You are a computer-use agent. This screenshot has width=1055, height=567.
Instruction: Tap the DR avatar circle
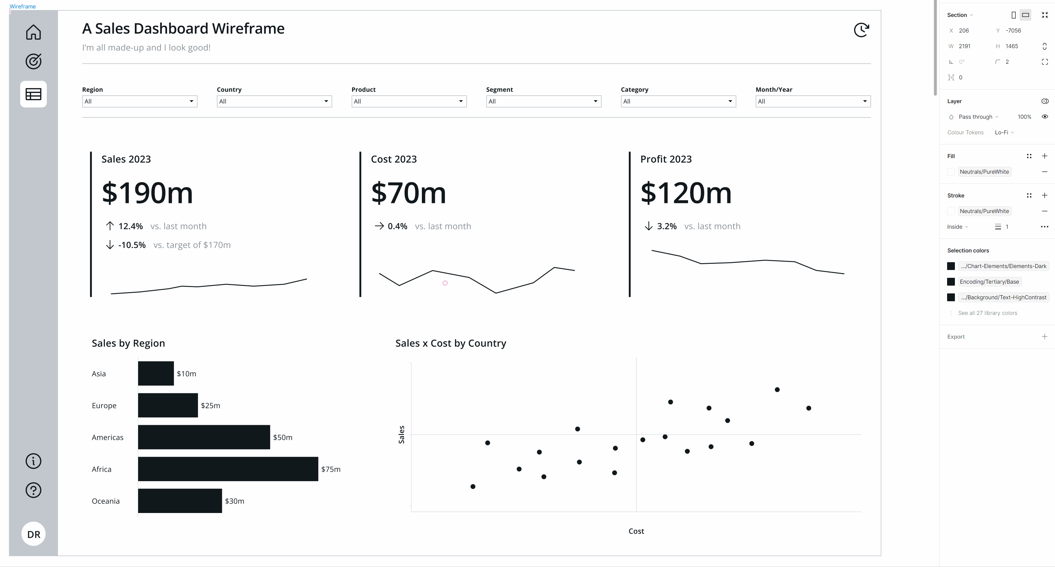(x=33, y=534)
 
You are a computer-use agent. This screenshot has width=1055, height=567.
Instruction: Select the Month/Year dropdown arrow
(x=865, y=101)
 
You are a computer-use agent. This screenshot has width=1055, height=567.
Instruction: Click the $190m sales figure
(x=147, y=193)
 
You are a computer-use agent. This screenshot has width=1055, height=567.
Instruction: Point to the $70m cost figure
(x=408, y=193)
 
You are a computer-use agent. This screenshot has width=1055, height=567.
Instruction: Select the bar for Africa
(x=228, y=469)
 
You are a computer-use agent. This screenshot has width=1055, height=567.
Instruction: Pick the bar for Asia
(x=156, y=373)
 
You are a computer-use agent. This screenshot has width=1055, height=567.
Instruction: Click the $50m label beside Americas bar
(x=282, y=438)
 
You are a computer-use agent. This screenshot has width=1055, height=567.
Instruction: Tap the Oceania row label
(x=106, y=501)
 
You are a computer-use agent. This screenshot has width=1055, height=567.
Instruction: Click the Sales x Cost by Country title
(x=450, y=343)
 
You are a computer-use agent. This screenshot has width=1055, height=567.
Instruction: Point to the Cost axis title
(x=636, y=531)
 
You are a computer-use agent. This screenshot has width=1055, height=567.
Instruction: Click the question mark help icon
(x=33, y=490)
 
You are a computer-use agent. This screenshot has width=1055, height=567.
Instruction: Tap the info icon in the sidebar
(x=33, y=461)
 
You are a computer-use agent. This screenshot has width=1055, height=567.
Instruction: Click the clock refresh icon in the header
(x=861, y=30)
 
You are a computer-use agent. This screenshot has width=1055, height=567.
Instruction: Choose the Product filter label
(x=363, y=89)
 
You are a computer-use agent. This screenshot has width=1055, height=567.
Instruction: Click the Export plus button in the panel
(x=1044, y=337)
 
